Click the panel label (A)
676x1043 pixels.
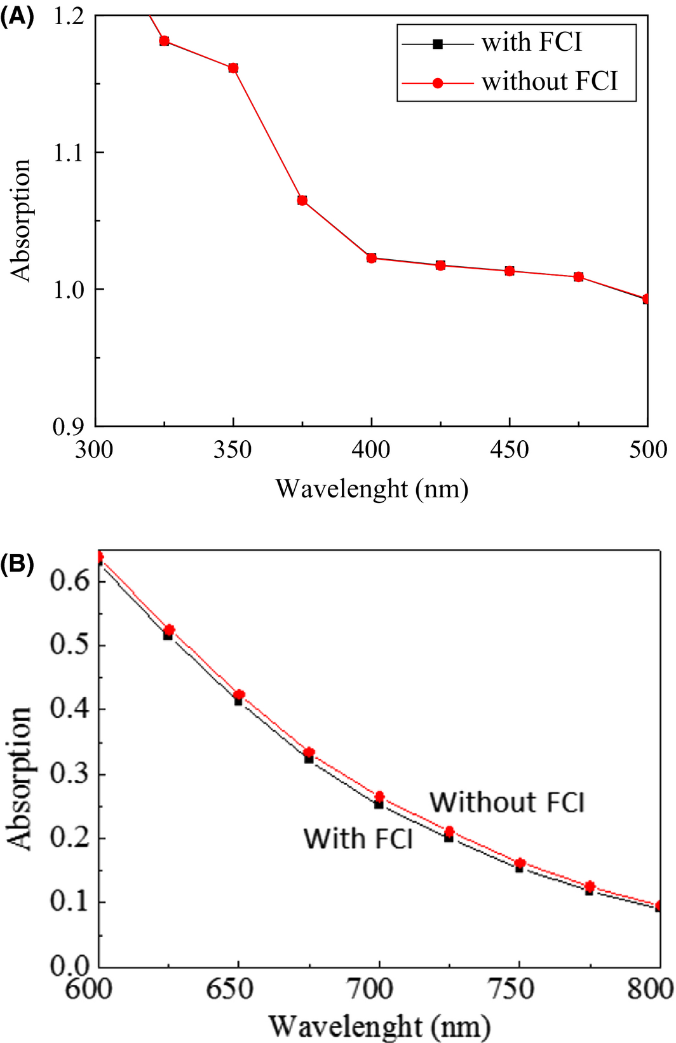coord(17,16)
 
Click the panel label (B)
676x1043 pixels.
coord(17,563)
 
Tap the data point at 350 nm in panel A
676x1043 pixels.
coord(233,68)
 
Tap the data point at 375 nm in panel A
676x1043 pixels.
coord(302,201)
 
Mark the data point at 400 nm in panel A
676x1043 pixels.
coord(372,258)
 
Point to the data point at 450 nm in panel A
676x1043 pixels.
coord(510,271)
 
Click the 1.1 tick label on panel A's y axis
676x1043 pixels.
coord(69,152)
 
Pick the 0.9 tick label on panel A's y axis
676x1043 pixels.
coord(69,427)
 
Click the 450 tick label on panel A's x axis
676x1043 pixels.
coord(510,450)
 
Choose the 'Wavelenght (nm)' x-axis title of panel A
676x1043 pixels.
coord(372,489)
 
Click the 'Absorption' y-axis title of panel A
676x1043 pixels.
coord(20,220)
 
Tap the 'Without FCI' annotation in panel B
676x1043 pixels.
coord(507,802)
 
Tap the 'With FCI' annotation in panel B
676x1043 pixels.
coord(358,838)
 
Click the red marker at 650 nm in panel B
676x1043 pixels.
coord(240,695)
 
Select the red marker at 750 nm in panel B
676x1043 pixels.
coord(520,863)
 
